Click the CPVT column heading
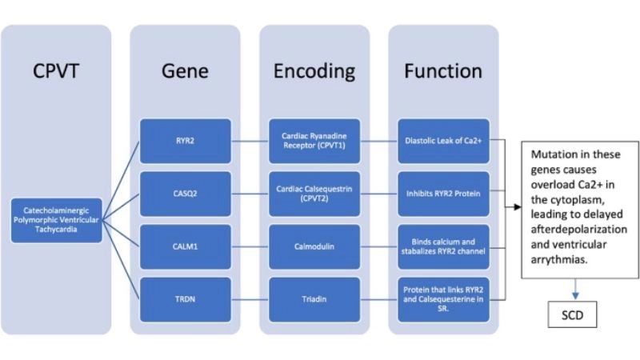[x=57, y=70]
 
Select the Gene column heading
[x=185, y=70]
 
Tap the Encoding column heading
[x=314, y=70]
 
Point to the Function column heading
[x=443, y=70]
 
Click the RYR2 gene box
[x=186, y=142]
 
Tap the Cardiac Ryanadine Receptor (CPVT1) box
[x=314, y=142]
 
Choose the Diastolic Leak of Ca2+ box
[x=444, y=142]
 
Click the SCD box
[x=574, y=314]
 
